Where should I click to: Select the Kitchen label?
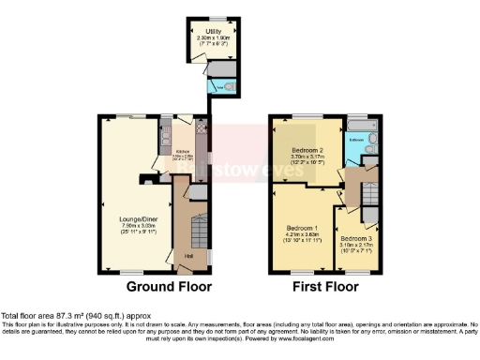pyautogui.click(x=184, y=150)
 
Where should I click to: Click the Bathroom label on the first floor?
pyautogui.click(x=356, y=140)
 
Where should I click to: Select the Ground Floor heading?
pyautogui.click(x=169, y=287)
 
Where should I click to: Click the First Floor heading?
pyautogui.click(x=325, y=287)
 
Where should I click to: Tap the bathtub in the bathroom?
pyautogui.click(x=363, y=155)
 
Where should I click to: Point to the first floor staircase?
pyautogui.click(x=369, y=196)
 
